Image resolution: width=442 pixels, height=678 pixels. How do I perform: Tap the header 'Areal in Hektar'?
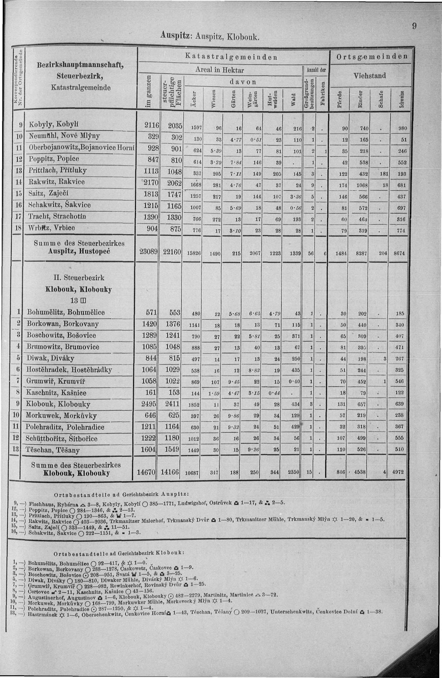coord(219,70)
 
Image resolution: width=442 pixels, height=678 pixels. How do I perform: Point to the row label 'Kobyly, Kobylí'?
coord(53,125)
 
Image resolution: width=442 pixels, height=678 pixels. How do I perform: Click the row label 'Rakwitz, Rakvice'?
coord(57,182)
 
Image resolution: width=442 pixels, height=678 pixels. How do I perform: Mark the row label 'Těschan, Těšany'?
coord(53,450)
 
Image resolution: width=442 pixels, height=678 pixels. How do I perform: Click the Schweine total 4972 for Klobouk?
coord(398,472)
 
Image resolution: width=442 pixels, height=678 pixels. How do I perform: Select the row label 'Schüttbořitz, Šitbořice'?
coord(62,438)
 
